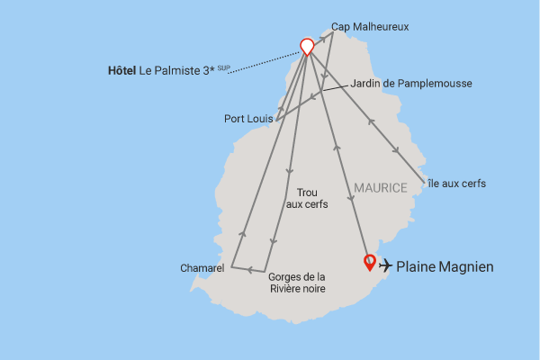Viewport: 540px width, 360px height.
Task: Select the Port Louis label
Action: click(x=247, y=118)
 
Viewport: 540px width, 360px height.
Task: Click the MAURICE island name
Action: click(x=381, y=187)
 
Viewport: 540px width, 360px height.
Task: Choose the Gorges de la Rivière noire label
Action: click(x=297, y=283)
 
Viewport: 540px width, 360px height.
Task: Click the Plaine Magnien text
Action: click(x=445, y=266)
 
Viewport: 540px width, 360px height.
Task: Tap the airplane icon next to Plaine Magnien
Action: click(x=386, y=265)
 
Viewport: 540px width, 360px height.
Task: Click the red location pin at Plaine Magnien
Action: click(x=369, y=262)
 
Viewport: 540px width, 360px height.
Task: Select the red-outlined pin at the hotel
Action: click(x=307, y=46)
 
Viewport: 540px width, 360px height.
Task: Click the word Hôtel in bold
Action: click(x=121, y=69)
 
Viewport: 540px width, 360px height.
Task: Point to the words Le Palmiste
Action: click(x=171, y=69)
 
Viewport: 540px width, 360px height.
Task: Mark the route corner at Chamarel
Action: click(x=231, y=267)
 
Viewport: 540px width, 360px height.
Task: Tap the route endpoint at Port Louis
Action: click(x=276, y=120)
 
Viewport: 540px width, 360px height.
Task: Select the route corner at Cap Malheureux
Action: click(x=332, y=34)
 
